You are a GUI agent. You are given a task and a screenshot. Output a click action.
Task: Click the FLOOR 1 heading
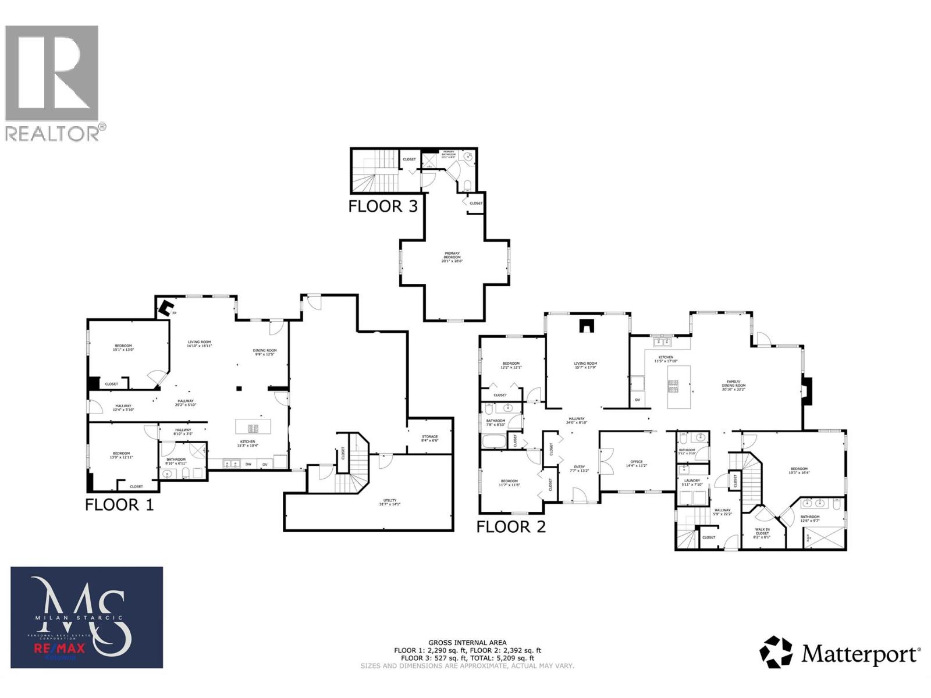[x=119, y=504]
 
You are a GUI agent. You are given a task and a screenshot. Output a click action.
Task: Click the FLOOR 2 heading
[x=511, y=527]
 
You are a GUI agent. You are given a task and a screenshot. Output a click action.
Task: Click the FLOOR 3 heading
[x=383, y=206]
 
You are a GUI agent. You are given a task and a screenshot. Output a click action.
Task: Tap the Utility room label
[x=389, y=502]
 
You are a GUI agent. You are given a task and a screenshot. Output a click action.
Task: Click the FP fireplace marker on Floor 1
[x=174, y=314]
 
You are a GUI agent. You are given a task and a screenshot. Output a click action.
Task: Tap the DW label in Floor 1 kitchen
[x=248, y=464]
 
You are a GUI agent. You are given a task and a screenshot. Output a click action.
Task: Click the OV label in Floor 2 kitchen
[x=638, y=400]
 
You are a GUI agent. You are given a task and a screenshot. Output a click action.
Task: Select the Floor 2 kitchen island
[x=678, y=387]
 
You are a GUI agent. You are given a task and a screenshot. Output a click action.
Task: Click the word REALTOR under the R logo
[x=52, y=133]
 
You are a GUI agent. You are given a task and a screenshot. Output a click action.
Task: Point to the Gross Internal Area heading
[x=467, y=643]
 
